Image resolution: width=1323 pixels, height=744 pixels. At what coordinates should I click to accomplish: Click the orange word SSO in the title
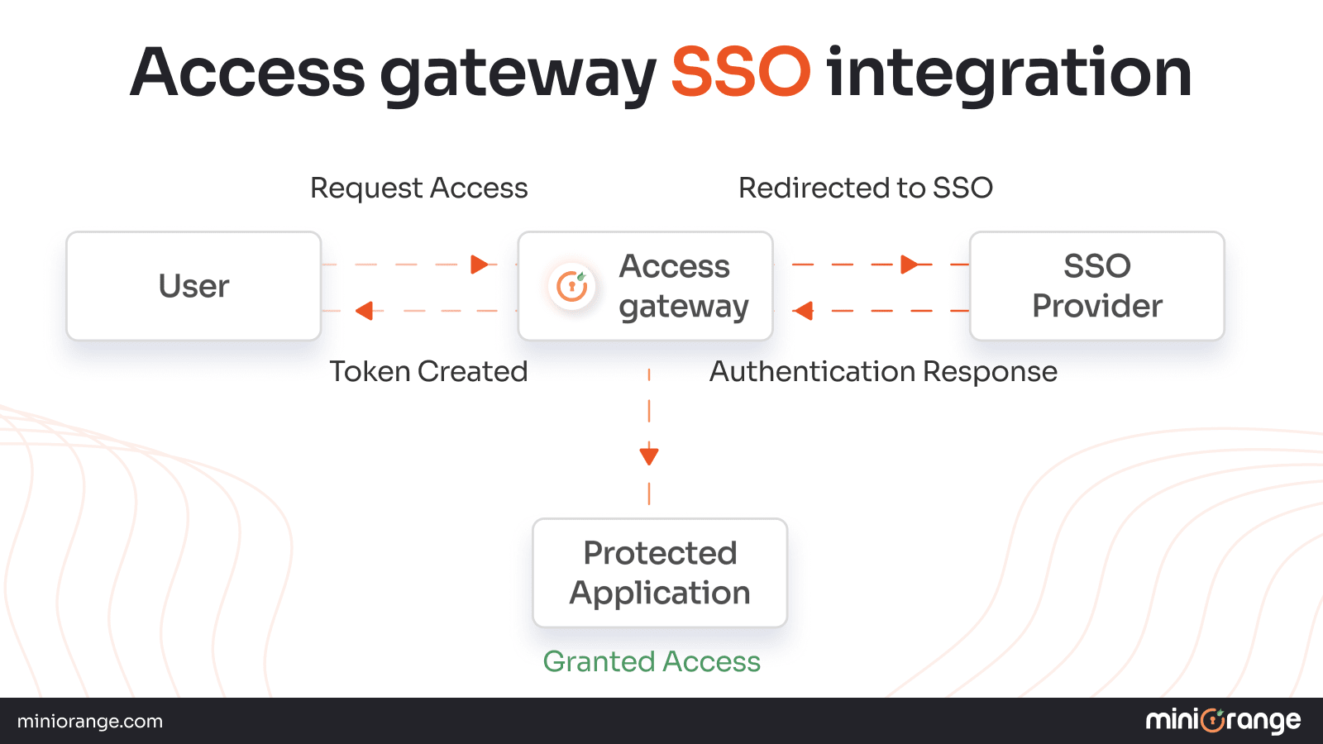[x=740, y=73]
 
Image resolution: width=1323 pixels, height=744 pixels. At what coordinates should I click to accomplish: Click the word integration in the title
[x=1009, y=74]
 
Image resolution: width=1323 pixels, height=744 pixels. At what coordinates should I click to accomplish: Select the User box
[x=193, y=286]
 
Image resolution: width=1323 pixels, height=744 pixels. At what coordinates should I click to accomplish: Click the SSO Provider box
[x=1096, y=286]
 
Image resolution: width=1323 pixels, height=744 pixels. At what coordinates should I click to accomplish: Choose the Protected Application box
[x=660, y=573]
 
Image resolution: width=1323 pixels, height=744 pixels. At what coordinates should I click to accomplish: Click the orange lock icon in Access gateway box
[x=571, y=286]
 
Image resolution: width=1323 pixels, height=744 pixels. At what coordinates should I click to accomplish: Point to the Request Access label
[x=418, y=188]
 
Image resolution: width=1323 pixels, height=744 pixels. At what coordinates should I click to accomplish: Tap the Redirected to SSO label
[x=865, y=188]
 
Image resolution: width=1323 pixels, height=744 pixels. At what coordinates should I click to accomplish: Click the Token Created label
[x=428, y=372]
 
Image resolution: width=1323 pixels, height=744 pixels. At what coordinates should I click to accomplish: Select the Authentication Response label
[x=883, y=372]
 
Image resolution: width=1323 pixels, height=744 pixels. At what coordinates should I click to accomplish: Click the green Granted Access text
[x=652, y=661]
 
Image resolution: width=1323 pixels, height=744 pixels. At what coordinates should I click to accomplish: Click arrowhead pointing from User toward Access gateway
[x=479, y=265]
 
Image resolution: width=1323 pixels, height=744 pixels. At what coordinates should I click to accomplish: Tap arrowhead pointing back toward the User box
[x=364, y=311]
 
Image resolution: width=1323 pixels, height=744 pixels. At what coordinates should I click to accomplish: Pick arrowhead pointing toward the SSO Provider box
[x=910, y=265]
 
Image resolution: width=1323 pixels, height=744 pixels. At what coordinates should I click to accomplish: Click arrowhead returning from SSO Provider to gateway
[x=803, y=311]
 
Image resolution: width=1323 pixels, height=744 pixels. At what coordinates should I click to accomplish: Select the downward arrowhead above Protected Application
[x=649, y=455]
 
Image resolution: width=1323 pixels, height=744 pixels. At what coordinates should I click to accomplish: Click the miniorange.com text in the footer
[x=90, y=721]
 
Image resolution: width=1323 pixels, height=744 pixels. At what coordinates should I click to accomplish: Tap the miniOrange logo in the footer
[x=1223, y=721]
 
